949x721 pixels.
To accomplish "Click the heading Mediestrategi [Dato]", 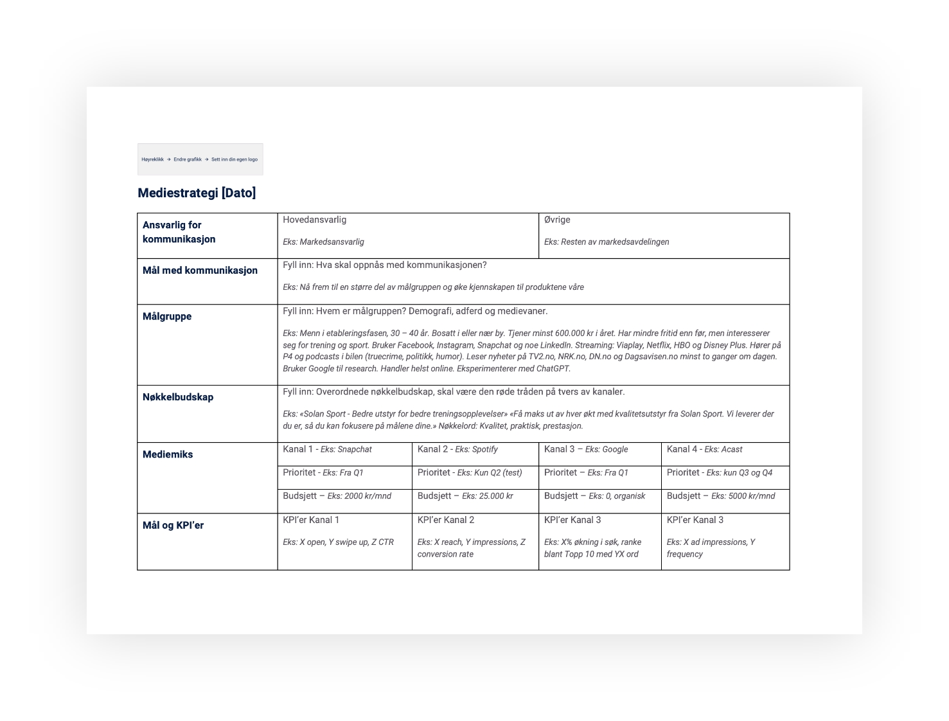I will pos(197,193).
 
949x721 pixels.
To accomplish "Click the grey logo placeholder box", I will pos(200,159).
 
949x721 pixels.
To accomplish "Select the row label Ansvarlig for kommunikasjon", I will pos(179,232).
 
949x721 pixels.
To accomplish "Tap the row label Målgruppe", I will pos(167,316).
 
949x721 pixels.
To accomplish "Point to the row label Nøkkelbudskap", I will pos(178,397).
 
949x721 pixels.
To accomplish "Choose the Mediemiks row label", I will pos(168,454).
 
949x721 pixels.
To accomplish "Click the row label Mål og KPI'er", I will pos(173,525).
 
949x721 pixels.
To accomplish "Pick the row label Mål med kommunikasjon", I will pos(200,271).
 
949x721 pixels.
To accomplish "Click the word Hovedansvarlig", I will pos(314,220).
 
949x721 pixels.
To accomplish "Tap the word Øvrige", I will pos(557,220).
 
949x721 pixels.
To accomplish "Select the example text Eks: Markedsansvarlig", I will pos(323,242).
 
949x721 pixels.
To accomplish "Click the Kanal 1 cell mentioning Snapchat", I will pos(327,449).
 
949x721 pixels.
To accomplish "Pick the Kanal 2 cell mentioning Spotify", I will pos(457,449).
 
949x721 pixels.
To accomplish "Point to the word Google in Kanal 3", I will pos(616,449).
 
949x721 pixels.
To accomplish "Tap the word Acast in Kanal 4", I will pos(732,449).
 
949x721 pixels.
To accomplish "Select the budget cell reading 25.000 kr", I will pos(465,496).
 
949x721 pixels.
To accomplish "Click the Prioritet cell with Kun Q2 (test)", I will pos(470,472).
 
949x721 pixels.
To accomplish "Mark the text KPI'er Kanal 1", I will pos(311,520).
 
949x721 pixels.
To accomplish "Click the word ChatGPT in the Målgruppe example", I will pos(553,369).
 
